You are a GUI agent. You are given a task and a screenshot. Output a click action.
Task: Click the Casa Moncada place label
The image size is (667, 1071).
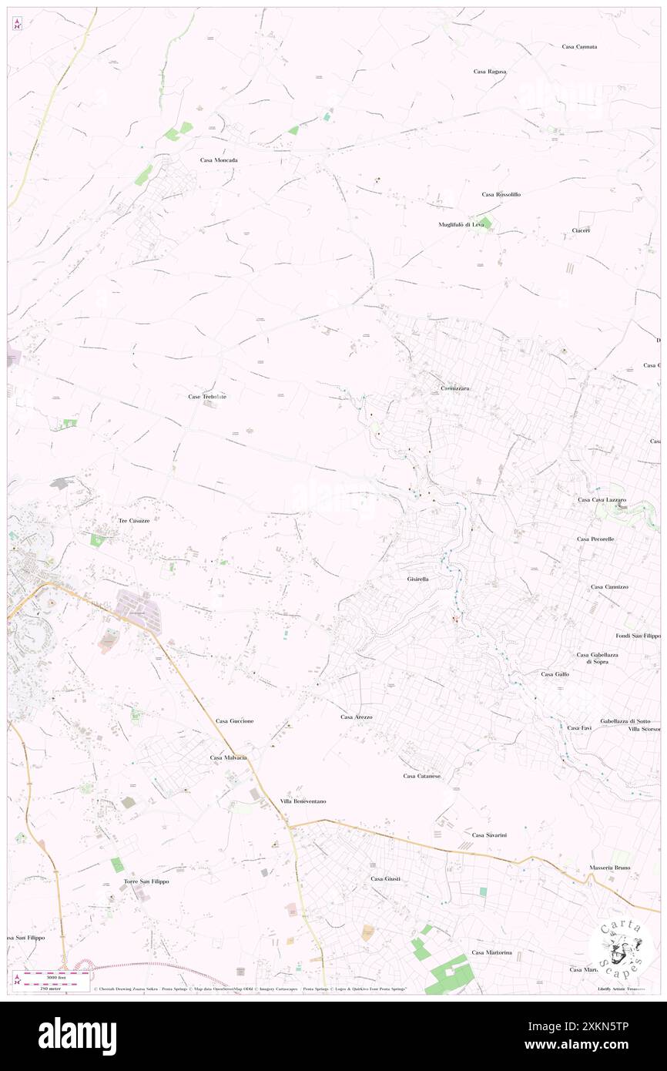(x=219, y=160)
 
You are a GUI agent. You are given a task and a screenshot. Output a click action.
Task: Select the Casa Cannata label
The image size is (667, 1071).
(x=579, y=47)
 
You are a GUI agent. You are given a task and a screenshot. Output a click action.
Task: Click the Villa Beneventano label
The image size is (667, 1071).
(x=303, y=801)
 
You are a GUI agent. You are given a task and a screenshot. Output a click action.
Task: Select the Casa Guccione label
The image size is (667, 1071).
(x=235, y=721)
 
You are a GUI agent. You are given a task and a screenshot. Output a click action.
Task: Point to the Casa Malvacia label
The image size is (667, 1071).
(x=229, y=758)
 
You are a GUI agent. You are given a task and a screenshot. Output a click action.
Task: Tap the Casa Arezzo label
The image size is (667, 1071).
(x=357, y=717)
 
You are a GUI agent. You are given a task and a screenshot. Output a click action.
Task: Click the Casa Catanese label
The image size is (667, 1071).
(x=422, y=776)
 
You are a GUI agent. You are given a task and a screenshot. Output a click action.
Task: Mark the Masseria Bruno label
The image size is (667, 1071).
(x=610, y=868)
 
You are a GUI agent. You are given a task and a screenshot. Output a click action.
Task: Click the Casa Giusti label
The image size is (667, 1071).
(x=386, y=879)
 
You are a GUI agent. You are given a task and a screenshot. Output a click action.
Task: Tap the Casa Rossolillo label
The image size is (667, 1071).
(x=501, y=195)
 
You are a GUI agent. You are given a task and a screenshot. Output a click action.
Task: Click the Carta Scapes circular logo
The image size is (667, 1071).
(x=622, y=947)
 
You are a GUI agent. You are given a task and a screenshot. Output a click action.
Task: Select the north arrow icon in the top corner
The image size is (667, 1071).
(x=17, y=25)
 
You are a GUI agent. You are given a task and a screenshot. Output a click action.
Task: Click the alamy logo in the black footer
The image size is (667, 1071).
(x=77, y=1036)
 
